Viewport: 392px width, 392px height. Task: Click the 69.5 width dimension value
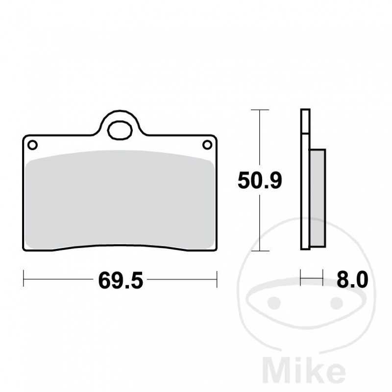coord(120,281)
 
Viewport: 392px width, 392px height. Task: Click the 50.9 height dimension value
coord(260,181)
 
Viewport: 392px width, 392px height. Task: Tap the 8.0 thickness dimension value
coord(352,280)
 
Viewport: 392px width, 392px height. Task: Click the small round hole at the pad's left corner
coord(32,145)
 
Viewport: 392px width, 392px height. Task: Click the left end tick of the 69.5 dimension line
coord(24,280)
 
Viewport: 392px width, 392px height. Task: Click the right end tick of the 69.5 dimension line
coord(217,280)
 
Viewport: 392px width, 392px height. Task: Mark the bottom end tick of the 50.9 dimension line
coord(259,251)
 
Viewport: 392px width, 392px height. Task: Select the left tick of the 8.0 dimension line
coord(301,280)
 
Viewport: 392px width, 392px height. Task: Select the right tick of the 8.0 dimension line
coord(323,280)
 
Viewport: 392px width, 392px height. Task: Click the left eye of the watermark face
coord(275,303)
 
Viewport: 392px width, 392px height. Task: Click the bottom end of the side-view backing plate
coord(305,247)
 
